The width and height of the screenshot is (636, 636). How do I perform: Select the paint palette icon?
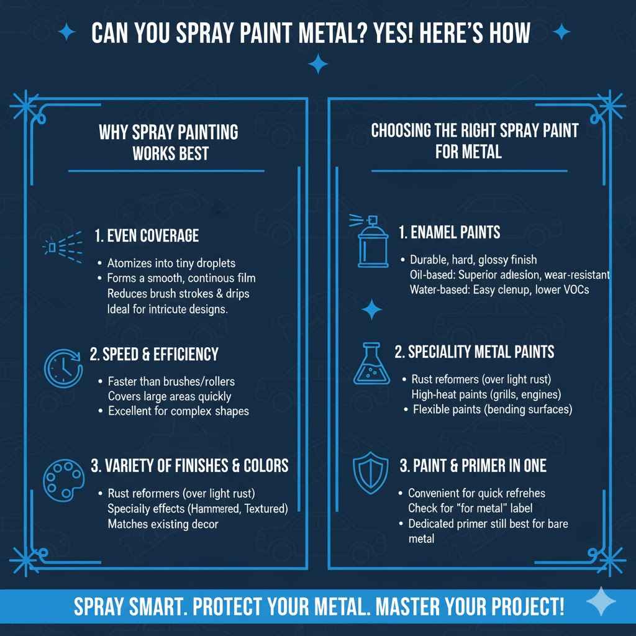61,478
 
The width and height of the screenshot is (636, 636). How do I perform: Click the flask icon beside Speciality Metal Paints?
371,363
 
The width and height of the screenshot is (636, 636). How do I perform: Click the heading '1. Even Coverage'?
147,235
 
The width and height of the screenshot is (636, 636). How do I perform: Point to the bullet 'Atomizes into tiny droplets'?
171,263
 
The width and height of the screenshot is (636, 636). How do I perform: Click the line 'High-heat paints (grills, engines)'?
486,394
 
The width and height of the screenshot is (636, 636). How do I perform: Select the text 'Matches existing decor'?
163,524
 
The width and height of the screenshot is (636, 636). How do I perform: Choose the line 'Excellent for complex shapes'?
178,411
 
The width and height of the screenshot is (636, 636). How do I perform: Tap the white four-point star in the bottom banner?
601,602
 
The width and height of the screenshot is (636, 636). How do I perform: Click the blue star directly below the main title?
318,63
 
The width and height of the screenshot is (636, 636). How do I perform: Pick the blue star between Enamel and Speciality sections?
371,309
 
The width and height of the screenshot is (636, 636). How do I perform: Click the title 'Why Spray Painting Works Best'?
168,142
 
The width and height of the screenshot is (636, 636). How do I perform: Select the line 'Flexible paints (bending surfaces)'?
492,409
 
